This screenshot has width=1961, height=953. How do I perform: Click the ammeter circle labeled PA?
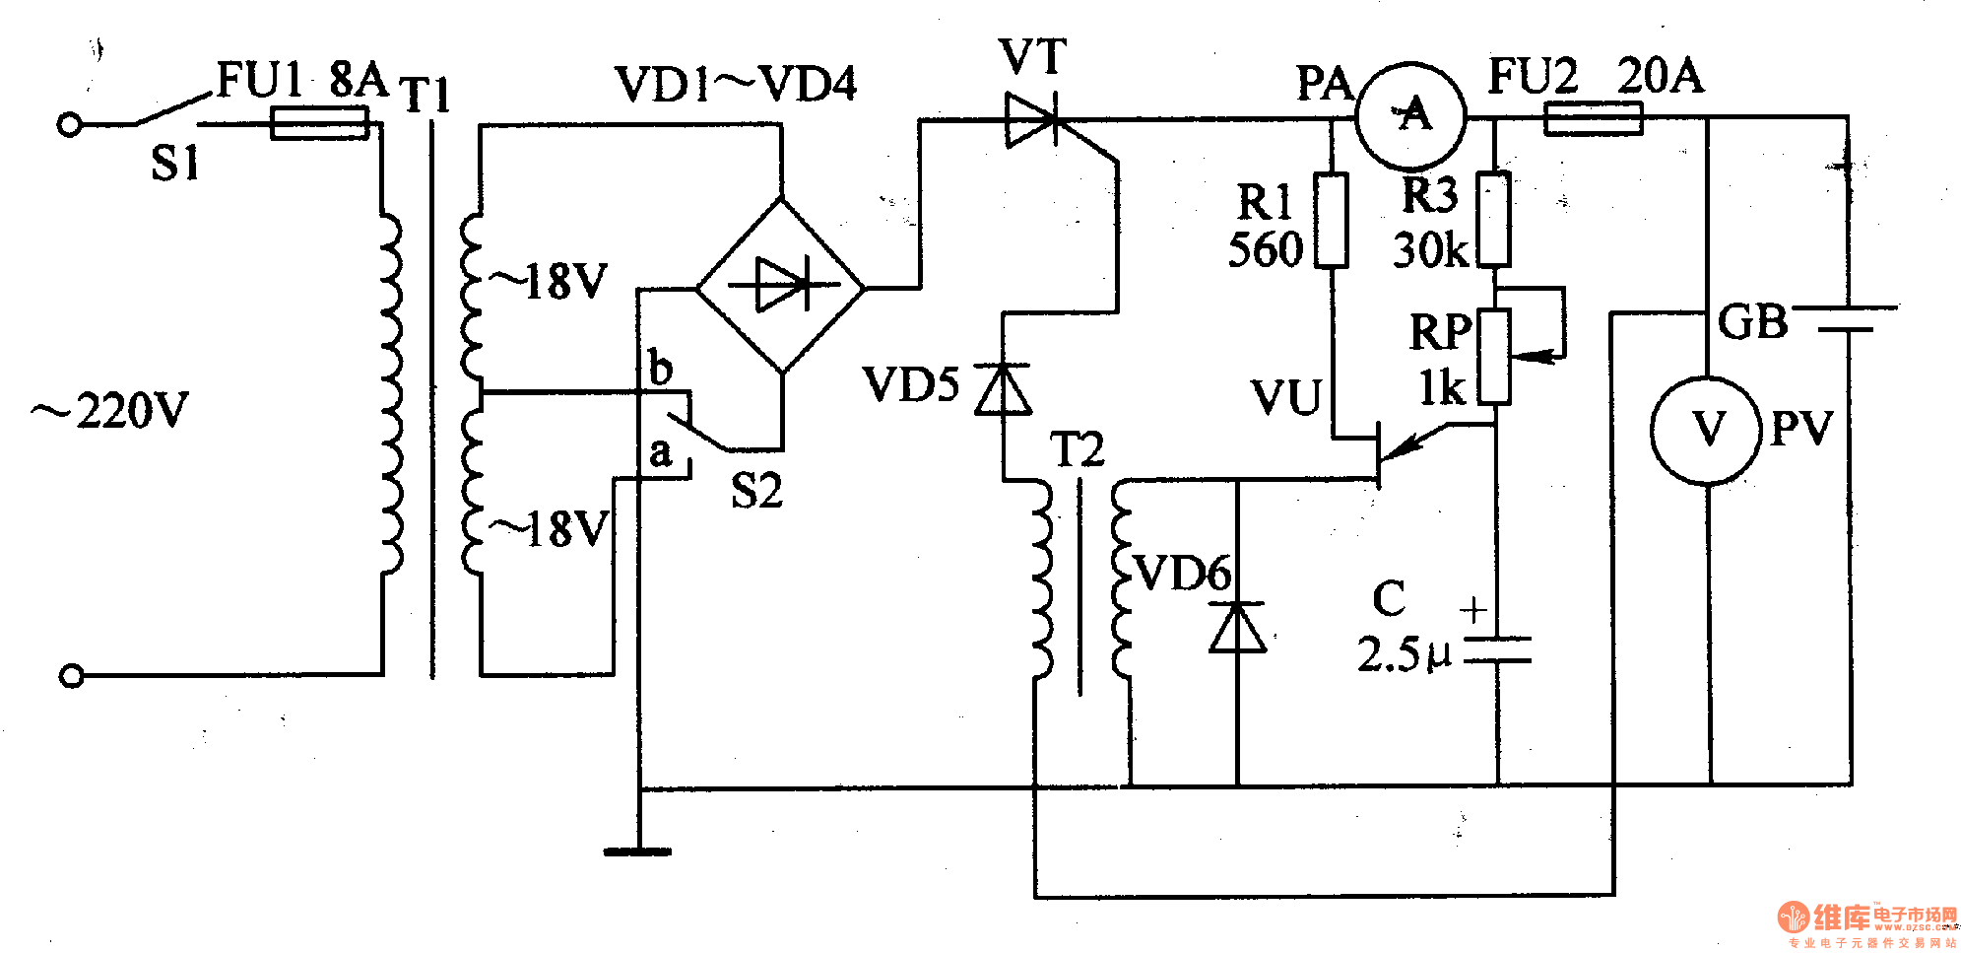pyautogui.click(x=1411, y=115)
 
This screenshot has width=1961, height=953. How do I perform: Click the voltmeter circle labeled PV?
pyautogui.click(x=1708, y=430)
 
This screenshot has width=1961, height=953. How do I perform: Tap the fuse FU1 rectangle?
pyautogui.click(x=319, y=124)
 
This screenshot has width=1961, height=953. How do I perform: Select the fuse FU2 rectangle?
pyautogui.click(x=1593, y=119)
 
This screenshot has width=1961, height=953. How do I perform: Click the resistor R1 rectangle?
pyautogui.click(x=1332, y=221)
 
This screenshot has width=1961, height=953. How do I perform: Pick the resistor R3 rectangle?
pyautogui.click(x=1494, y=220)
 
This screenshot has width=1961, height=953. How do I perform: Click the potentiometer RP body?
pyautogui.click(x=1494, y=356)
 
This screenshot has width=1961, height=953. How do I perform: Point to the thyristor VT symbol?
pyautogui.click(x=1030, y=120)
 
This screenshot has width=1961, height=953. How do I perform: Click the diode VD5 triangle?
pyautogui.click(x=1003, y=389)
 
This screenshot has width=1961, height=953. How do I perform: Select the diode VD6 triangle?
pyautogui.click(x=1237, y=628)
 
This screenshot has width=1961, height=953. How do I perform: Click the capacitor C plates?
pyautogui.click(x=1497, y=649)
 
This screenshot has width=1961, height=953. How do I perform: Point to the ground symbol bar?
pyautogui.click(x=637, y=851)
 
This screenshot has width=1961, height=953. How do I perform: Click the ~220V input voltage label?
pyautogui.click(x=110, y=410)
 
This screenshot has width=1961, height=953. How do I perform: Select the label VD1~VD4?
pyautogui.click(x=735, y=85)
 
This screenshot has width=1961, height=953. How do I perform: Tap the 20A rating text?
pyautogui.click(x=1660, y=76)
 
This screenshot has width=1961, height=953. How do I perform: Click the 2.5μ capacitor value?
pyautogui.click(x=1404, y=655)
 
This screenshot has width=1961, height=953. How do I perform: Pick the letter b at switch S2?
pyautogui.click(x=661, y=370)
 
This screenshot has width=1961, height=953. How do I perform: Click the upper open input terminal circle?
pyautogui.click(x=69, y=125)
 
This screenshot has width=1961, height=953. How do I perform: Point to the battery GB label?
pyautogui.click(x=1752, y=322)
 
